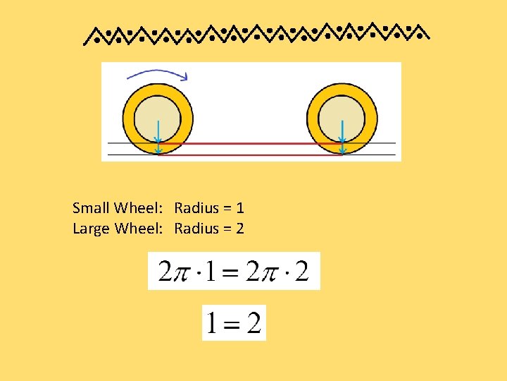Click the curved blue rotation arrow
point(156,72)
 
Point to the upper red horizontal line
point(250,143)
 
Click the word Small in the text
point(91,208)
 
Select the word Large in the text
point(91,229)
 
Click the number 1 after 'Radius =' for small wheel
point(240,208)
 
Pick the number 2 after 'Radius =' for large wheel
point(240,229)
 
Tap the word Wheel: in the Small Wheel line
point(139,208)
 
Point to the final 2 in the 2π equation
point(301,272)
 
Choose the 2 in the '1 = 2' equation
point(254,324)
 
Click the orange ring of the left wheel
point(129,116)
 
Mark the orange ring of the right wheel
point(314,116)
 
